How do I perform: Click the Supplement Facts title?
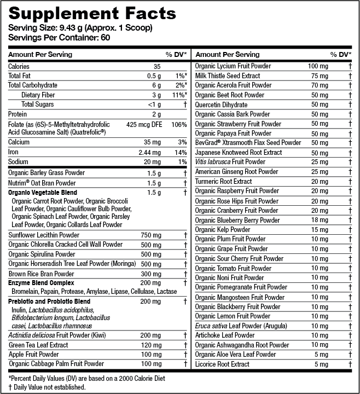91,13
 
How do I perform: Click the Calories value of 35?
157,66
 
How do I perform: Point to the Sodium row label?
19,162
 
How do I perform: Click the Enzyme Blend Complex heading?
41,283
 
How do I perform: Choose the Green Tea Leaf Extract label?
38,345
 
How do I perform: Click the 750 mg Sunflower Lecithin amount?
150,235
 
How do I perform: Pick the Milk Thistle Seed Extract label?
228,76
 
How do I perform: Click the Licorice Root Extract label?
222,364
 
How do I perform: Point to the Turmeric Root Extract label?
224,181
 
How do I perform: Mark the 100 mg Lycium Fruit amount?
317,66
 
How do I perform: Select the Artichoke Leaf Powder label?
225,335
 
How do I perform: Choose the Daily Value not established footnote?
47,387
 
